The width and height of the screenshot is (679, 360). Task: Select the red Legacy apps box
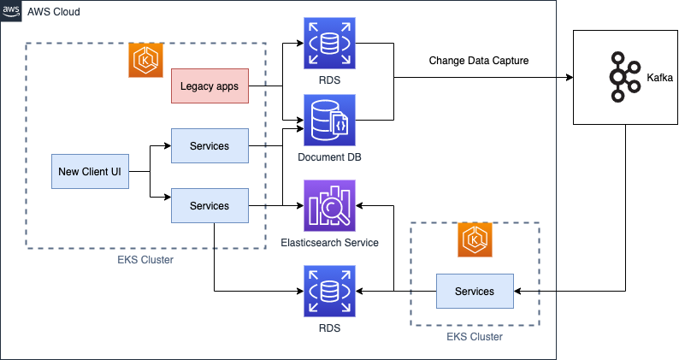(x=210, y=86)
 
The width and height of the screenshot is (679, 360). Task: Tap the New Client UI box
(x=90, y=172)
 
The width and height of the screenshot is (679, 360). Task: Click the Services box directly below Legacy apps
(x=210, y=146)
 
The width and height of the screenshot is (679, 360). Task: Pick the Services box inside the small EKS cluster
(x=475, y=292)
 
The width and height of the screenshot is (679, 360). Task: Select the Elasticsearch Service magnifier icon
(x=328, y=205)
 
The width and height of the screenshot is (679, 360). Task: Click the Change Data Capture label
(x=478, y=61)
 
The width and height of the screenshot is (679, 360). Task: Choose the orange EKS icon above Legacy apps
(x=145, y=61)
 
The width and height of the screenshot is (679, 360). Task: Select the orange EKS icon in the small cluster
(x=475, y=241)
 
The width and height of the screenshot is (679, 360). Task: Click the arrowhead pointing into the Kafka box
(x=570, y=77)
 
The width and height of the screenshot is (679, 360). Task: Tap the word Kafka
(x=659, y=78)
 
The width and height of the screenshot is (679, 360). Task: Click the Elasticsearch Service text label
(x=329, y=243)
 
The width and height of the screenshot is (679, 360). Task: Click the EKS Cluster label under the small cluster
(x=475, y=337)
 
